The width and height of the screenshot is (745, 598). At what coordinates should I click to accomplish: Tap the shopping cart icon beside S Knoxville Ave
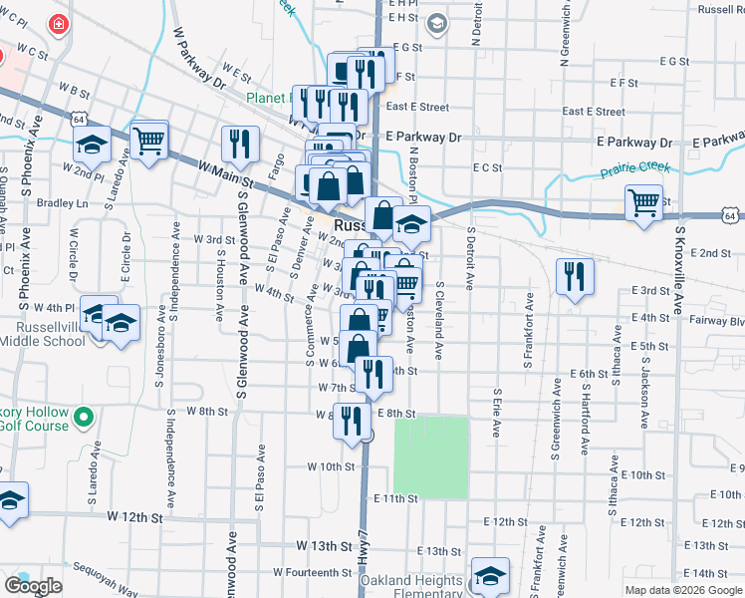click(644, 203)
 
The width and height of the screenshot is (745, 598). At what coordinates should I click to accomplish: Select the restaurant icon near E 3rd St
click(574, 276)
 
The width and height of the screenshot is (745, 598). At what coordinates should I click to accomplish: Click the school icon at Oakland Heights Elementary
click(490, 575)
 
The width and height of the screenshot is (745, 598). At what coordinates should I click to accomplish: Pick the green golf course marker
click(85, 417)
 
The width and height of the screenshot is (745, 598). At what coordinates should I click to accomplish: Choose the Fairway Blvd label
click(719, 321)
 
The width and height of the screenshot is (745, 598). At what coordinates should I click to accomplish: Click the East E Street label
click(417, 107)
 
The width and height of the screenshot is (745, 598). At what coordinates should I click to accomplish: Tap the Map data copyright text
click(684, 590)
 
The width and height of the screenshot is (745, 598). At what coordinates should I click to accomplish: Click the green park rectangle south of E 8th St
click(431, 456)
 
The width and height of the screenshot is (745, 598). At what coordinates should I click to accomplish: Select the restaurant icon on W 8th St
click(352, 421)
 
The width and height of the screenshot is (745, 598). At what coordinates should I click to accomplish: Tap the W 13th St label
click(325, 546)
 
